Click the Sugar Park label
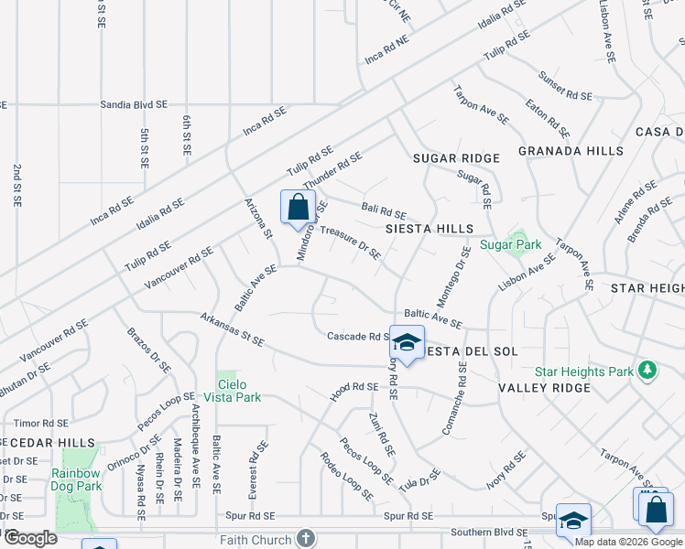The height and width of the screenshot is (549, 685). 511,244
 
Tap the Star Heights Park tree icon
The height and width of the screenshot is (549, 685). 648,370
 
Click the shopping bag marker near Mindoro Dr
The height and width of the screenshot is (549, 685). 298,208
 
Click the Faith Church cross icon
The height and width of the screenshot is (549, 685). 306,540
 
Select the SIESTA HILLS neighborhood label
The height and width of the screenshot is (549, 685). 429,229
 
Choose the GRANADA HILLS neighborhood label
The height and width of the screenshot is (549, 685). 571,151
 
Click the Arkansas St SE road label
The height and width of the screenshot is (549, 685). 233,329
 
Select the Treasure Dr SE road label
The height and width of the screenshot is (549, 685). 350,243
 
